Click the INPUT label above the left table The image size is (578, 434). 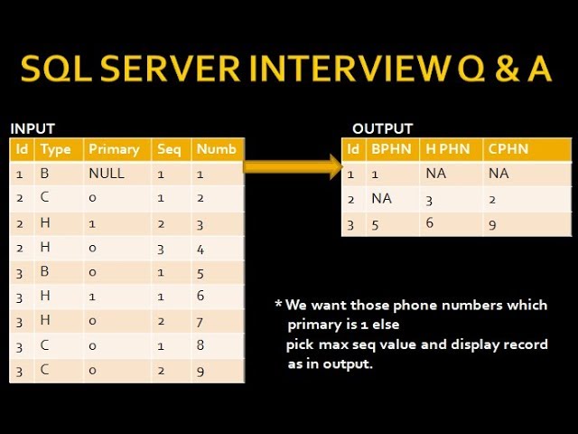(x=32, y=128)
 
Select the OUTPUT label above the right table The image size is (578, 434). (x=383, y=128)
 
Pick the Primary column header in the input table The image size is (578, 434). (x=114, y=149)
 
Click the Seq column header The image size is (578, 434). (x=169, y=149)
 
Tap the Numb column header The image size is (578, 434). (x=217, y=149)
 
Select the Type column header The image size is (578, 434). (x=55, y=149)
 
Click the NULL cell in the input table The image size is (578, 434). (x=107, y=173)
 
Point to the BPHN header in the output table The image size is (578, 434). (x=389, y=149)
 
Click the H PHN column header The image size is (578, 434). (x=447, y=149)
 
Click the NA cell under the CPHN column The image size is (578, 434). (x=500, y=174)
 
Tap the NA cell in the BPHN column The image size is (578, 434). (x=381, y=199)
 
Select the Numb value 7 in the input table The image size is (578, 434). (x=201, y=322)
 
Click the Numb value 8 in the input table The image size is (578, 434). (x=201, y=346)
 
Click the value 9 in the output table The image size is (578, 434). (x=491, y=223)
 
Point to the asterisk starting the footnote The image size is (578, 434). (x=278, y=305)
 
